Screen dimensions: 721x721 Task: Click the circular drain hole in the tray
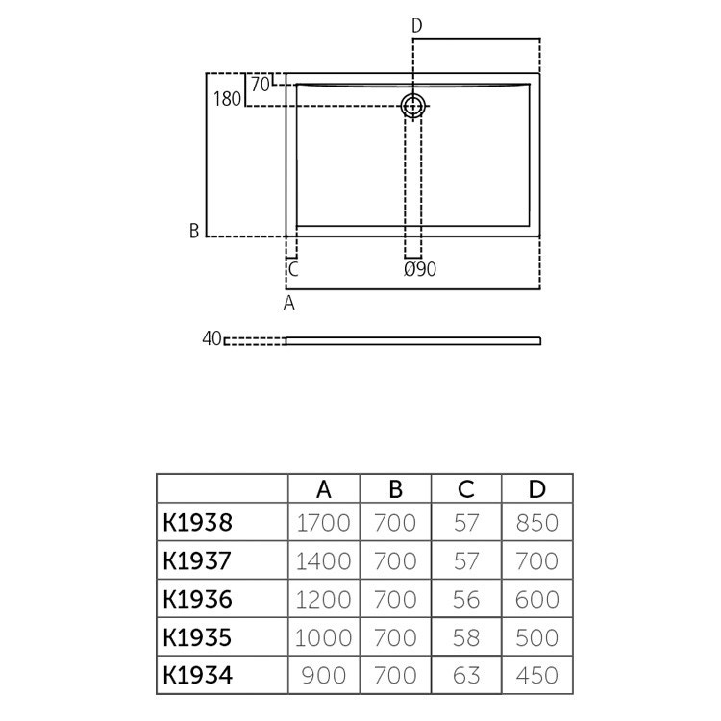tap(413, 106)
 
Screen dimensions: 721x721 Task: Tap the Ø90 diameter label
tap(420, 270)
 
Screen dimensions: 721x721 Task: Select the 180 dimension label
tap(226, 99)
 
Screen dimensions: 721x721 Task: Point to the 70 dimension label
tap(259, 84)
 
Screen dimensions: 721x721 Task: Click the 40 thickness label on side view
tap(211, 338)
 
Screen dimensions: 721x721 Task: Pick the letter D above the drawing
tap(416, 26)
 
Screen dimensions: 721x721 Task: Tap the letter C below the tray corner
tap(293, 270)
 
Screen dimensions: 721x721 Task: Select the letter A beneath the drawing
tap(288, 304)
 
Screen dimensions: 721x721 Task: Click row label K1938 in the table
tap(197, 523)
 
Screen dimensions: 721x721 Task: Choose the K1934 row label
tap(197, 675)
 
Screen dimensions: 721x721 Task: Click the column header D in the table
tap(537, 489)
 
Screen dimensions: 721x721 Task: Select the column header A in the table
tap(324, 489)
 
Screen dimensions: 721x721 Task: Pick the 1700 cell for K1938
tap(324, 523)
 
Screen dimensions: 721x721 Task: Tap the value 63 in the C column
tap(466, 675)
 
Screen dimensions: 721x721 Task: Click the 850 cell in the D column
tap(537, 523)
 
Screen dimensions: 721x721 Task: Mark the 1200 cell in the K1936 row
tap(324, 599)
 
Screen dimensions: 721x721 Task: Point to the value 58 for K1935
tap(466, 637)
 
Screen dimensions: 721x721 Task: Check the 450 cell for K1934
tap(537, 675)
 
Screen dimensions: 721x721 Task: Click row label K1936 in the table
tap(197, 599)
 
